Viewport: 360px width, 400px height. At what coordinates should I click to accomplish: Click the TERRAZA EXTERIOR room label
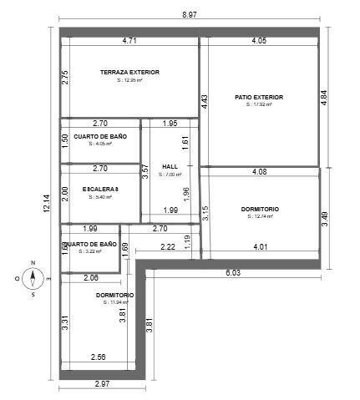coord(129,72)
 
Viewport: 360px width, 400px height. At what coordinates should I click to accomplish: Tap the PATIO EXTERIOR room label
coord(260,97)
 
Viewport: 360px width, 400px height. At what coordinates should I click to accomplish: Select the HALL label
coord(170,166)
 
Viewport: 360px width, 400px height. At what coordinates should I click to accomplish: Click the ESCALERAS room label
coord(100,190)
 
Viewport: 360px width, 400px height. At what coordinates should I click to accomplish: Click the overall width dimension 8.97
coord(190,15)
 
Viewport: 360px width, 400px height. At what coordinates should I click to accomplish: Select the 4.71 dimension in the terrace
coord(129,40)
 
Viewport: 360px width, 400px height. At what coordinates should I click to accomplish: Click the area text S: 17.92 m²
coord(260,105)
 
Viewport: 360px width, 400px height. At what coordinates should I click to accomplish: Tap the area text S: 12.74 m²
coord(260,216)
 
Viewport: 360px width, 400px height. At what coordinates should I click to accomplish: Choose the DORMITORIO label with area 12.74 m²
coord(260,209)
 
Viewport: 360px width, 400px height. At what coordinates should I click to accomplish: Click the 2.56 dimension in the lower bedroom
coord(99,357)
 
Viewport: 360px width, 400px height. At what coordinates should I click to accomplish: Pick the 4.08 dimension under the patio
coord(260,172)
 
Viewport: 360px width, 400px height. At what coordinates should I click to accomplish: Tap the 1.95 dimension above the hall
coord(170,124)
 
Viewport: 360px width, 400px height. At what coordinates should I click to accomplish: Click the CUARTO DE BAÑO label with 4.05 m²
coord(99,135)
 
